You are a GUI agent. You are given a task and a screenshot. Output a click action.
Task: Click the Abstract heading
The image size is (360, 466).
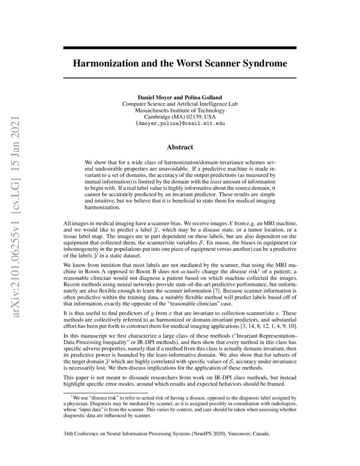tap(180, 147)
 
